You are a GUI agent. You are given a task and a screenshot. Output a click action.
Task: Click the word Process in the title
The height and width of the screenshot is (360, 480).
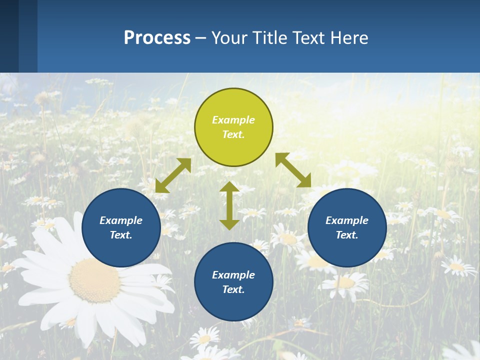pos(157,38)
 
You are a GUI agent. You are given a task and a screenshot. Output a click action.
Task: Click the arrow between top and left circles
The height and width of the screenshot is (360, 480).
pos(173,175)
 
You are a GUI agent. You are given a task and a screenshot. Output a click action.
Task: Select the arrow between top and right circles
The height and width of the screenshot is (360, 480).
pos(293,170)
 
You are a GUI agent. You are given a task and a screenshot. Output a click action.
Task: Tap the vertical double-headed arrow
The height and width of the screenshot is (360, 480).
pos(229,205)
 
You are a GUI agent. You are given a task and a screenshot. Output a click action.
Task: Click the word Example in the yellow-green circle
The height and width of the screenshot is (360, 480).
pos(233,120)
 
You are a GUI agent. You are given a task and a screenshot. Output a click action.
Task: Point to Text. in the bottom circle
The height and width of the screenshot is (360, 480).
pos(233,289)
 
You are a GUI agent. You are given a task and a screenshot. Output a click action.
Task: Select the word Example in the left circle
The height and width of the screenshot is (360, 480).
pos(121,220)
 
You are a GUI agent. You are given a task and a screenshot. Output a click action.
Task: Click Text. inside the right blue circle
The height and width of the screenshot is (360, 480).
pos(347,235)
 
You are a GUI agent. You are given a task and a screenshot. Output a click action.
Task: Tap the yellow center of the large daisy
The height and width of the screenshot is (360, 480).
pos(94,280)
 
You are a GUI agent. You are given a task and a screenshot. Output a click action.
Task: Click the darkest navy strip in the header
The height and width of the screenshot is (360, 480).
pos(9,36)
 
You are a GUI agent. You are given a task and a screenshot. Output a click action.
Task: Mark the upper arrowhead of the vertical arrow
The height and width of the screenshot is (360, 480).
pos(229,187)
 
